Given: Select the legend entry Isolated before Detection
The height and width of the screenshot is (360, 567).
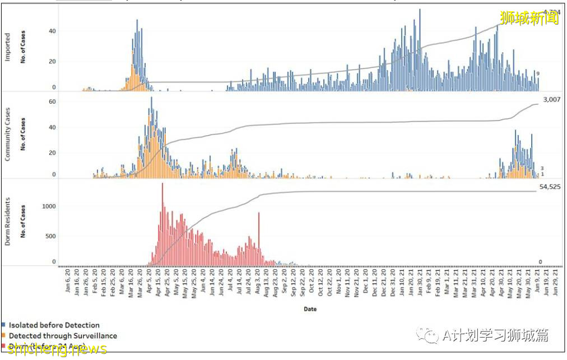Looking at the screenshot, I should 54,325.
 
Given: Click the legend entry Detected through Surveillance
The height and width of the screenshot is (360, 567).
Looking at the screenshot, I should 63,336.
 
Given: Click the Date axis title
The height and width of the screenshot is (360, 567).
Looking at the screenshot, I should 310,309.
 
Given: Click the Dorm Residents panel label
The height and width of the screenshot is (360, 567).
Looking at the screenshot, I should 8,221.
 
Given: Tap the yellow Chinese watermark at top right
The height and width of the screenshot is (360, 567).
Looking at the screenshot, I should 529,18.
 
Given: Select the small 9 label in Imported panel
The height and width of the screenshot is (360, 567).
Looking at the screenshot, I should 537,73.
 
